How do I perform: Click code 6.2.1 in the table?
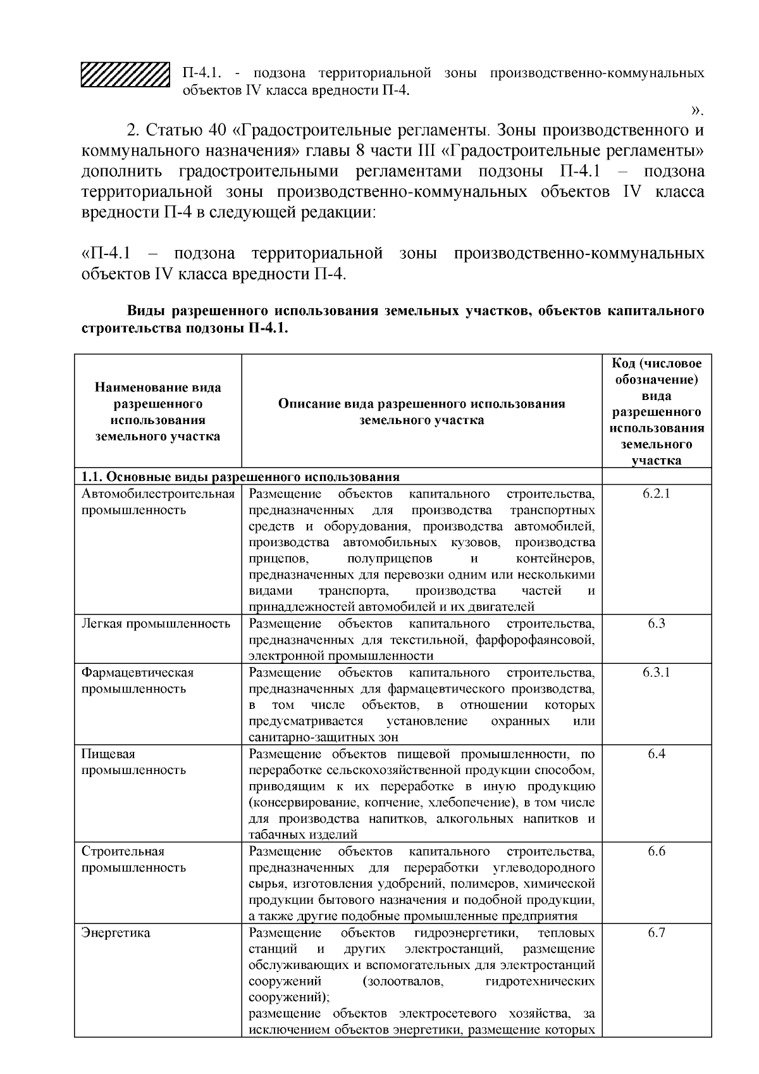656,494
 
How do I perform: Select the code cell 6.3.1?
656,672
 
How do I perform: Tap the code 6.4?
656,754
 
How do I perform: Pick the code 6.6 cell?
656,851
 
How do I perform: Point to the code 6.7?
656,933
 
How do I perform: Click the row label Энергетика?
116,933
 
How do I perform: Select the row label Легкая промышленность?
156,623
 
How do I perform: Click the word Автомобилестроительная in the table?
158,494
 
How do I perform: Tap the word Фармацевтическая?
137,672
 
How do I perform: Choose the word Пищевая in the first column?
108,754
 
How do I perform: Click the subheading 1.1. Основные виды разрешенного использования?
240,477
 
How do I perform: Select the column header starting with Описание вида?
421,411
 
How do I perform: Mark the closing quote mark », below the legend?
696,111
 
